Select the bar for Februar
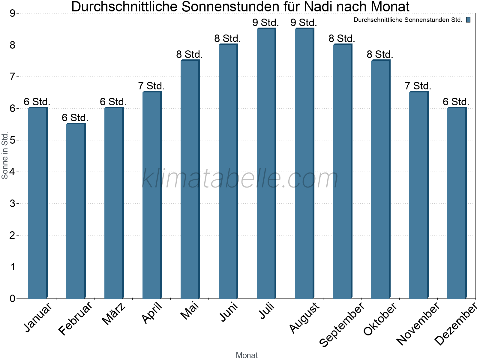coord(76,211)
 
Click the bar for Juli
coord(266,163)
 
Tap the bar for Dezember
coord(457,203)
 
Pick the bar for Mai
coord(190,179)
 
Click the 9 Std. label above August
coord(304,22)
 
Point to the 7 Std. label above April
coord(151,86)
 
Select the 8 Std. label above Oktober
coord(380,54)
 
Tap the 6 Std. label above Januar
coord(37,102)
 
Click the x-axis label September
coord(342,324)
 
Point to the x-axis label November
coord(418,323)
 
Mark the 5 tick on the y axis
coord(12,140)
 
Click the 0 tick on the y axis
coord(12,298)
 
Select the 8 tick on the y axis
coord(12,45)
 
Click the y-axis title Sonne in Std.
coord(4,156)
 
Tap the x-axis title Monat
coord(247,355)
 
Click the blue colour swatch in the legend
coord(468,20)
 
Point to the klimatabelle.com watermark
coord(240,178)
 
